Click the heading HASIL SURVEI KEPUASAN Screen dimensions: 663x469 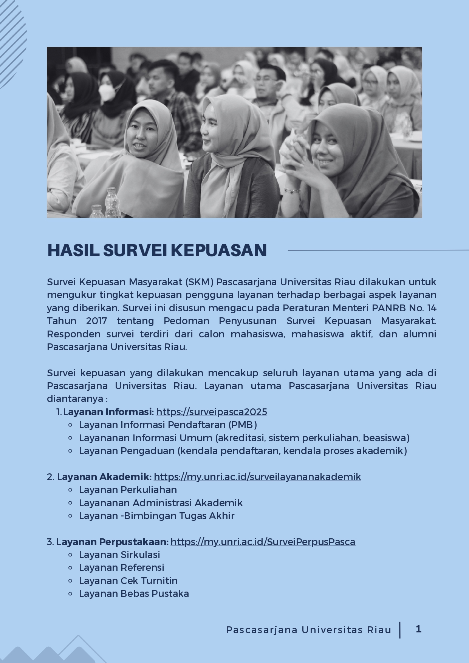coord(157,250)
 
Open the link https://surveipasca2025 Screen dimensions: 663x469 coord(211,412)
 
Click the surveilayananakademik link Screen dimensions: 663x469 coord(257,477)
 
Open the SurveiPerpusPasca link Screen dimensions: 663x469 coord(263,542)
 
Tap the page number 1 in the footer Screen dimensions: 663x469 coord(418,629)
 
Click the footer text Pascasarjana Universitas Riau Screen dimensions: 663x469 coord(308,630)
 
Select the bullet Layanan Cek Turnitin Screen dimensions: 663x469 coord(128,581)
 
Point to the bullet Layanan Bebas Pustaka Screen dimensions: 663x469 coord(134,593)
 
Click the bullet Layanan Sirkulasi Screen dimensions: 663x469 coord(119,555)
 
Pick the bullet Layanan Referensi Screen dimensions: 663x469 coord(121,567)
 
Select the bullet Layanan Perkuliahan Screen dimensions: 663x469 coord(128,490)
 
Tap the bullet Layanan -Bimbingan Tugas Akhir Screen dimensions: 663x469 coord(156,516)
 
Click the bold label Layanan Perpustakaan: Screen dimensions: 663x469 coord(113,542)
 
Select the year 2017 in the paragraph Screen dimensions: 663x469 coord(96,321)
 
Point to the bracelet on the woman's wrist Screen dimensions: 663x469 coord(292,190)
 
